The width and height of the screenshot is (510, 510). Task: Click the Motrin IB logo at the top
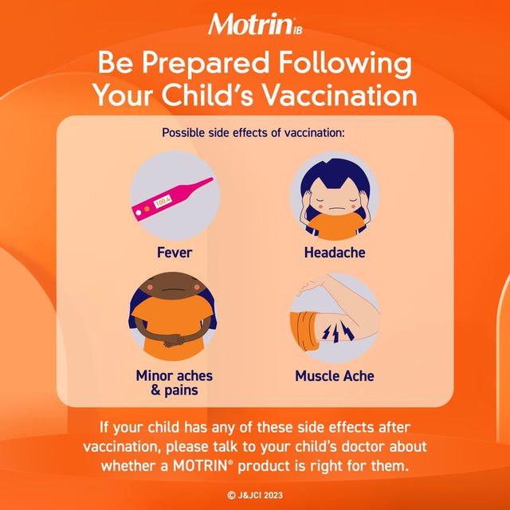click(x=253, y=24)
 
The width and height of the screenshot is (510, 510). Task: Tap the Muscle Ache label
click(x=334, y=375)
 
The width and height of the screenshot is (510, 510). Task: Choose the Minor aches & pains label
click(x=174, y=382)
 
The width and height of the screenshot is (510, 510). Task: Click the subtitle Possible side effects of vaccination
click(x=253, y=132)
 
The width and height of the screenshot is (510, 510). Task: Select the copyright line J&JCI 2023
click(x=254, y=495)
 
